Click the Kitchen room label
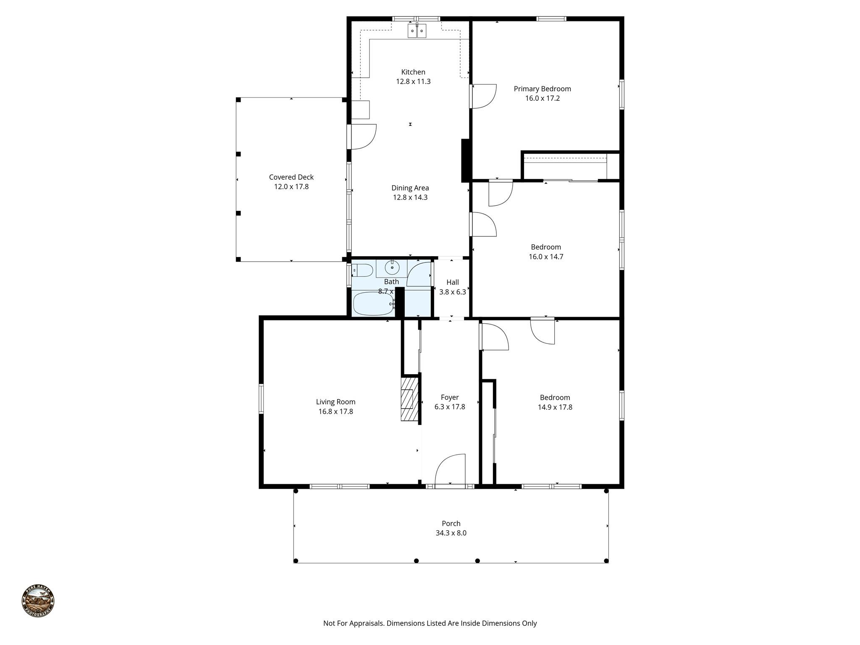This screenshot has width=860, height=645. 413,72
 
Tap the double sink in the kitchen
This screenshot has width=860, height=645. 417,31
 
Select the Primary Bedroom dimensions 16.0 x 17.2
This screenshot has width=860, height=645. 542,99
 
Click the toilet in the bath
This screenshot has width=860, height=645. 362,270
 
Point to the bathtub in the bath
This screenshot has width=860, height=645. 373,304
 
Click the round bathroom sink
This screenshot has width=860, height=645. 392,267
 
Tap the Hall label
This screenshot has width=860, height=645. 452,282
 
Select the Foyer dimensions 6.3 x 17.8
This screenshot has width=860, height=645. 449,407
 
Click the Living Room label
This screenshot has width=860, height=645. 336,402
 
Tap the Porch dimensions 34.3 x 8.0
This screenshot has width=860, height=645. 451,533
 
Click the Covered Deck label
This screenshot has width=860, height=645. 291,177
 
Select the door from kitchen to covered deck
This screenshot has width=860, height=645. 362,136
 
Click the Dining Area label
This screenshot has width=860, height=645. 410,188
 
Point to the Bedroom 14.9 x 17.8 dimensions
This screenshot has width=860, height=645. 555,407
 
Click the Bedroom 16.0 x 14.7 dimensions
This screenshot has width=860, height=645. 545,257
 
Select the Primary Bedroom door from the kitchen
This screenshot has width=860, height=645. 483,96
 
